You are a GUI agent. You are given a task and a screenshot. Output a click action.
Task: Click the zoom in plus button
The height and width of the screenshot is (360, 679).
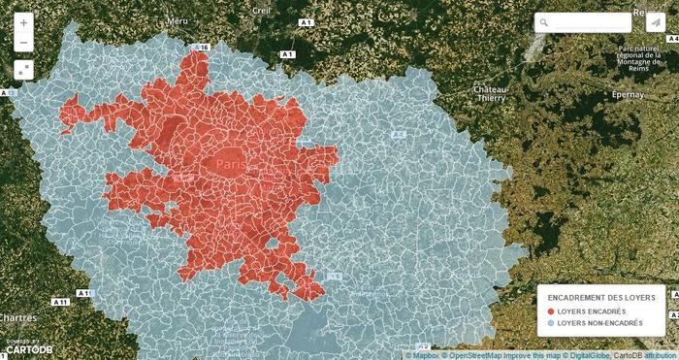23,22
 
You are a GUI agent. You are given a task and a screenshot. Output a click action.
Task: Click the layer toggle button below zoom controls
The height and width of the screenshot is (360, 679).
23,69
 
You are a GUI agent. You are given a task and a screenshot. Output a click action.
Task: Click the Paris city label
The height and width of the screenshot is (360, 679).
231,166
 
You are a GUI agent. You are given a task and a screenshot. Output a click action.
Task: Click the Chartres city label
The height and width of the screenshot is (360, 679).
19,317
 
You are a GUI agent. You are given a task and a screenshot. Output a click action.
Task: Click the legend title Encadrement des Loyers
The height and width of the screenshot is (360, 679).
600,297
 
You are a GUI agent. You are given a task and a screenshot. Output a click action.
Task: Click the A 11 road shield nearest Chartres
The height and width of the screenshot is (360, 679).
60,304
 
